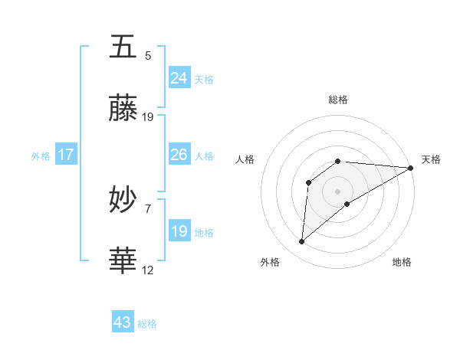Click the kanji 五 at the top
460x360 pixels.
tap(123, 47)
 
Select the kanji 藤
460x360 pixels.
tap(123, 110)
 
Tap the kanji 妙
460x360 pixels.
tap(123, 201)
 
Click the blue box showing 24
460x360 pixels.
tap(179, 78)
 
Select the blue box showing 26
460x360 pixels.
tap(179, 155)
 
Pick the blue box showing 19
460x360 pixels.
tap(179, 231)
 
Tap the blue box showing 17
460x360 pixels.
tap(66, 155)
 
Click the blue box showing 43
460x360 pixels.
tap(123, 322)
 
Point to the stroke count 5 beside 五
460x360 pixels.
tap(148, 55)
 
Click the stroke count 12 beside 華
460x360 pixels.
tap(148, 270)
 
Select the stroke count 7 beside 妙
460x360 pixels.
tap(148, 208)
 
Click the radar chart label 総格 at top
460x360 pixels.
tap(338, 100)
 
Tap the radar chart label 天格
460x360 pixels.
tap(431, 159)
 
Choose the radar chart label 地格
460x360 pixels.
tap(401, 262)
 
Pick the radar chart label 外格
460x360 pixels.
tap(269, 262)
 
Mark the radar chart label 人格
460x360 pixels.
tap(245, 159)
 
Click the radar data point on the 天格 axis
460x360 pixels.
tap(411, 168)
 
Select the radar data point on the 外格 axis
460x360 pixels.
tap(302, 241)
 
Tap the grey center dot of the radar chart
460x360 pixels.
tap(338, 191)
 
